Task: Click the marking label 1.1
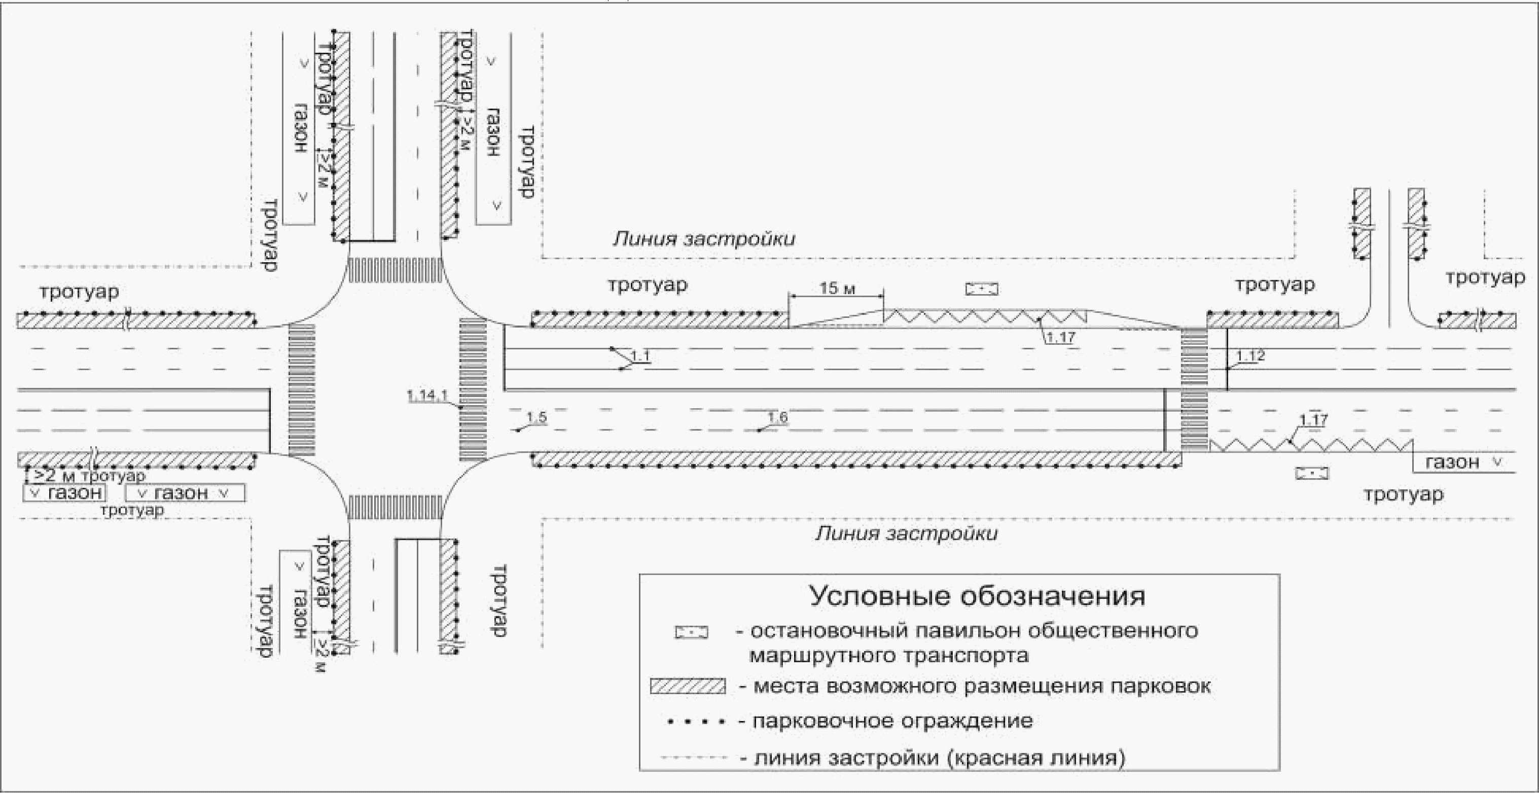point(640,356)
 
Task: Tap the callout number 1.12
point(1250,356)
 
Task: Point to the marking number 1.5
point(536,417)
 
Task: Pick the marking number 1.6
point(777,417)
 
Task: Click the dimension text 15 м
point(837,288)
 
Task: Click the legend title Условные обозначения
point(977,596)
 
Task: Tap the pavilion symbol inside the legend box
point(691,632)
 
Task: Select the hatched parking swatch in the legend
point(688,686)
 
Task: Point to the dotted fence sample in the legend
point(696,722)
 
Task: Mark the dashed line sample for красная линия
point(694,758)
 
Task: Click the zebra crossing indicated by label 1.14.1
point(473,388)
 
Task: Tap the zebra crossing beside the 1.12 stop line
point(1194,388)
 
